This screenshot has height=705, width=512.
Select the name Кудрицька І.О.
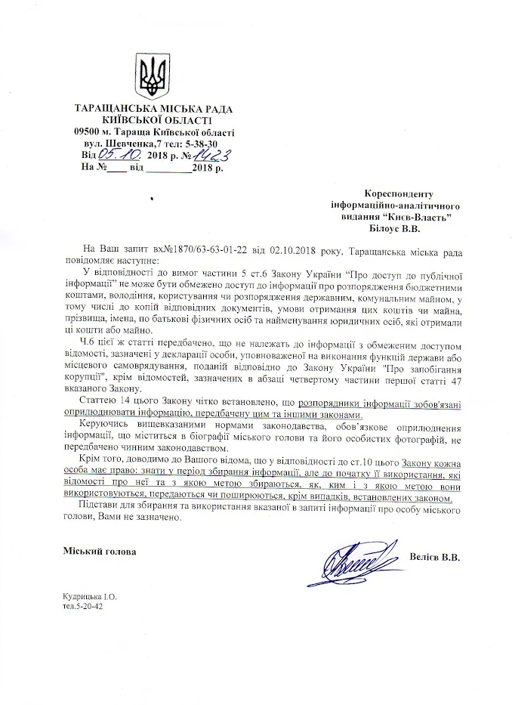pyautogui.click(x=91, y=597)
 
